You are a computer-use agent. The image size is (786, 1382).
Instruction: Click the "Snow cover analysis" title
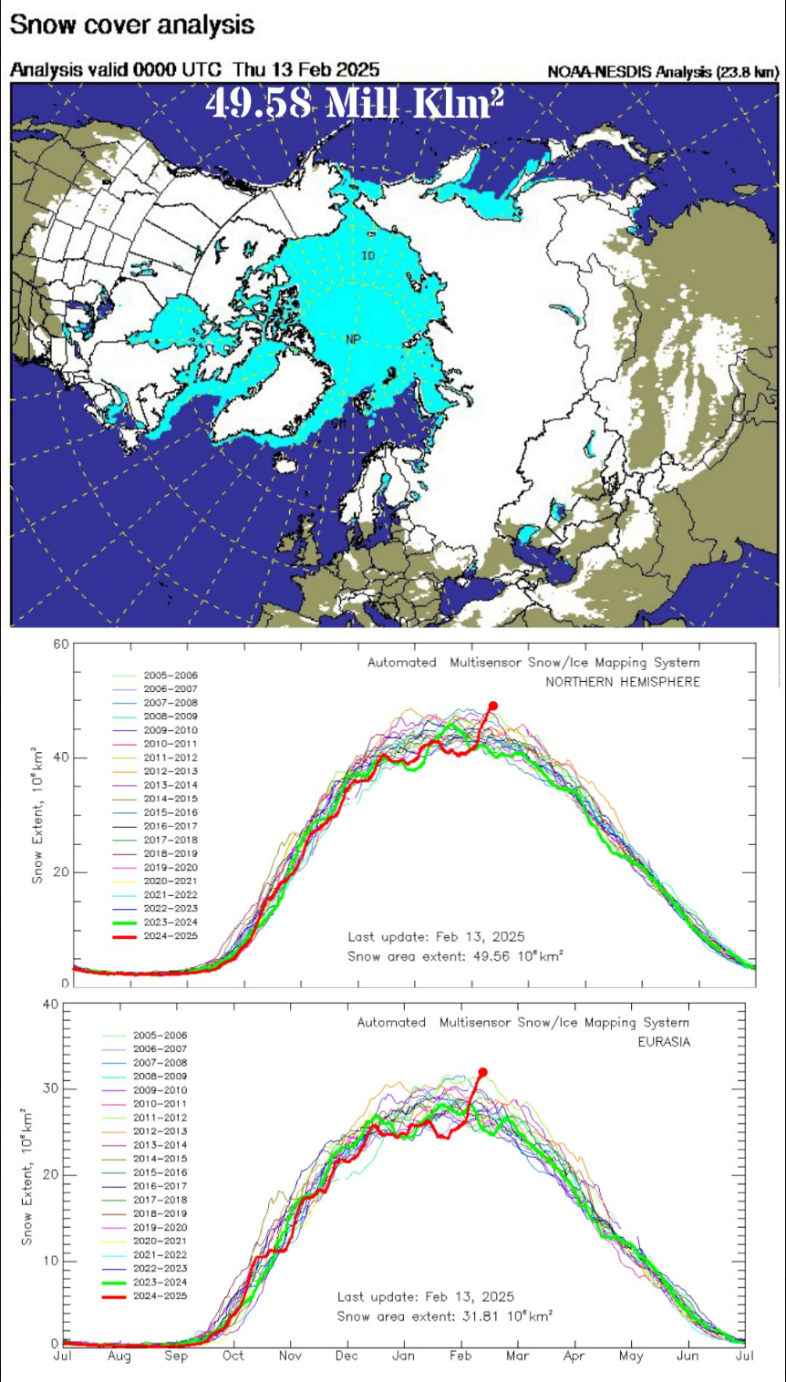click(132, 25)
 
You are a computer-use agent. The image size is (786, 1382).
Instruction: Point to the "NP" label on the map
click(353, 338)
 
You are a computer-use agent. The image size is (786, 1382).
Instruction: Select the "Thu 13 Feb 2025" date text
click(306, 70)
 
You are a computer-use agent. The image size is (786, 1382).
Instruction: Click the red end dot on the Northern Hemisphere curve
click(493, 706)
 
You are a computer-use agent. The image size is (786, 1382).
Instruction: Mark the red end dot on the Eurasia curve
click(482, 1072)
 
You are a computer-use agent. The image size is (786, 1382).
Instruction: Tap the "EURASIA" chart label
click(665, 1042)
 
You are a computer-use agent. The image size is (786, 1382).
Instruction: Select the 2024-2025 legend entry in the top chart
click(171, 936)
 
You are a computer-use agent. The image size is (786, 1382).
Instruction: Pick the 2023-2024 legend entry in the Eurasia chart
click(160, 1282)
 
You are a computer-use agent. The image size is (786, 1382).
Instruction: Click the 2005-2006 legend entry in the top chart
click(171, 676)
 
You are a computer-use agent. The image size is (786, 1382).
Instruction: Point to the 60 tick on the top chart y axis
click(62, 645)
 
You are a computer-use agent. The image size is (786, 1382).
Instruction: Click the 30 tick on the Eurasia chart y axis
click(53, 1088)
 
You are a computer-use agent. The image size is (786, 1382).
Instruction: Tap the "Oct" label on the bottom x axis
click(233, 1356)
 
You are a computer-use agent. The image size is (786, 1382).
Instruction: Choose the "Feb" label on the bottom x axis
click(460, 1356)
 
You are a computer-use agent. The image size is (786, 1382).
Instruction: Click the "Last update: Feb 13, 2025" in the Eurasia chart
click(425, 1296)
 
